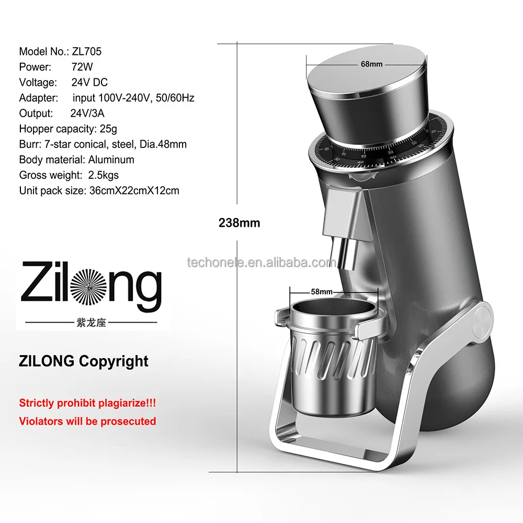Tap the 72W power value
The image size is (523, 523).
[x=82, y=67]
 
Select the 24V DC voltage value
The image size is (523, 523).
[x=90, y=82]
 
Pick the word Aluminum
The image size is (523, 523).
[x=111, y=160]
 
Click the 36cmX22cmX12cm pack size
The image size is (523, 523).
[x=132, y=190]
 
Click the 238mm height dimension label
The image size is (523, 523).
[x=239, y=222]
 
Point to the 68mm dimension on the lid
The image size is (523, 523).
[x=372, y=64]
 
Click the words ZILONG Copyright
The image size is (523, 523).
[x=84, y=361]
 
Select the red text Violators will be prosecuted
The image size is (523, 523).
[x=87, y=421]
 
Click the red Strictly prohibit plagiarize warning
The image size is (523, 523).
[x=87, y=403]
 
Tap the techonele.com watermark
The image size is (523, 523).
[x=261, y=263]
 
